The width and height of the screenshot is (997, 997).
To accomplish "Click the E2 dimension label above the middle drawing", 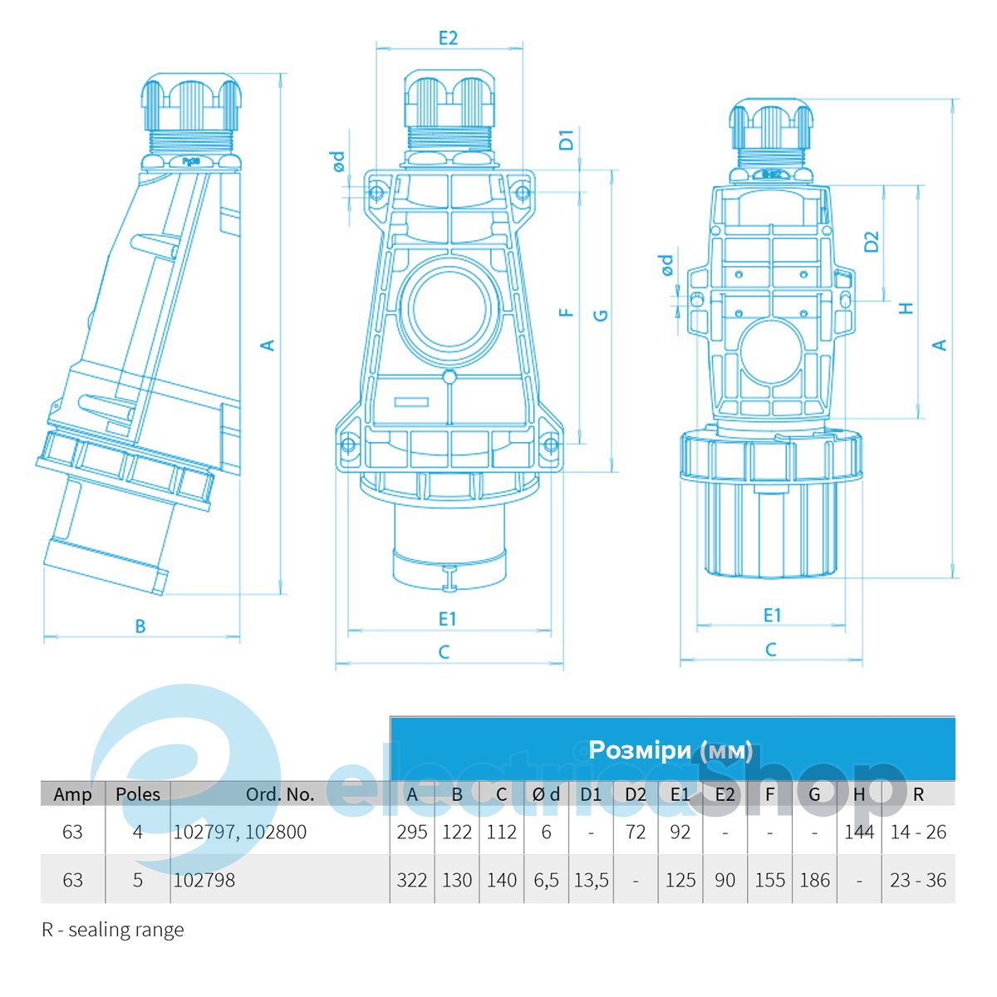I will (448, 38).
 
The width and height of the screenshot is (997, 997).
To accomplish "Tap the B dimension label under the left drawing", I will (140, 626).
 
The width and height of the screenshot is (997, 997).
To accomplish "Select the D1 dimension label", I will (567, 140).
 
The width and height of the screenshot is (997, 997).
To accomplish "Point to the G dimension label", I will (601, 315).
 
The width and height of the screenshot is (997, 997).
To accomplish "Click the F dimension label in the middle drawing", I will (567, 313).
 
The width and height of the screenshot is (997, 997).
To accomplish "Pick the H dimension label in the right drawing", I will (906, 307).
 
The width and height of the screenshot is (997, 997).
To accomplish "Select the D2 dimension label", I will (871, 241).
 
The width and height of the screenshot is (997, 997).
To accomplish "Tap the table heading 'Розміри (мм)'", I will (670, 750).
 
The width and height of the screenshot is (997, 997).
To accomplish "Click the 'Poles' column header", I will (138, 794).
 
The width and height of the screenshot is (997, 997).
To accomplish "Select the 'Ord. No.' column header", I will (280, 794).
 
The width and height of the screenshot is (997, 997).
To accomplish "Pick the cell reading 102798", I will (204, 880).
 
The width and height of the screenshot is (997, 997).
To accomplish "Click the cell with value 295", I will (412, 832).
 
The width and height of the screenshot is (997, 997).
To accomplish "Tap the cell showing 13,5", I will (591, 880).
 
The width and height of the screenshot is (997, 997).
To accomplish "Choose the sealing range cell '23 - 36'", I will (917, 880).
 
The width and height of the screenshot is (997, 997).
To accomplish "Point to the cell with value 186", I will (814, 880).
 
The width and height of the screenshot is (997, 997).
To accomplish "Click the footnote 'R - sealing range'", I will (113, 930).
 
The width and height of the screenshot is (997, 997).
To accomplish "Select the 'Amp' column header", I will (72, 794).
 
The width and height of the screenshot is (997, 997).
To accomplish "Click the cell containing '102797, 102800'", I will (239, 832).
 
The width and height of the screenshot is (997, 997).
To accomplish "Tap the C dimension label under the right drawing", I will (770, 650).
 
